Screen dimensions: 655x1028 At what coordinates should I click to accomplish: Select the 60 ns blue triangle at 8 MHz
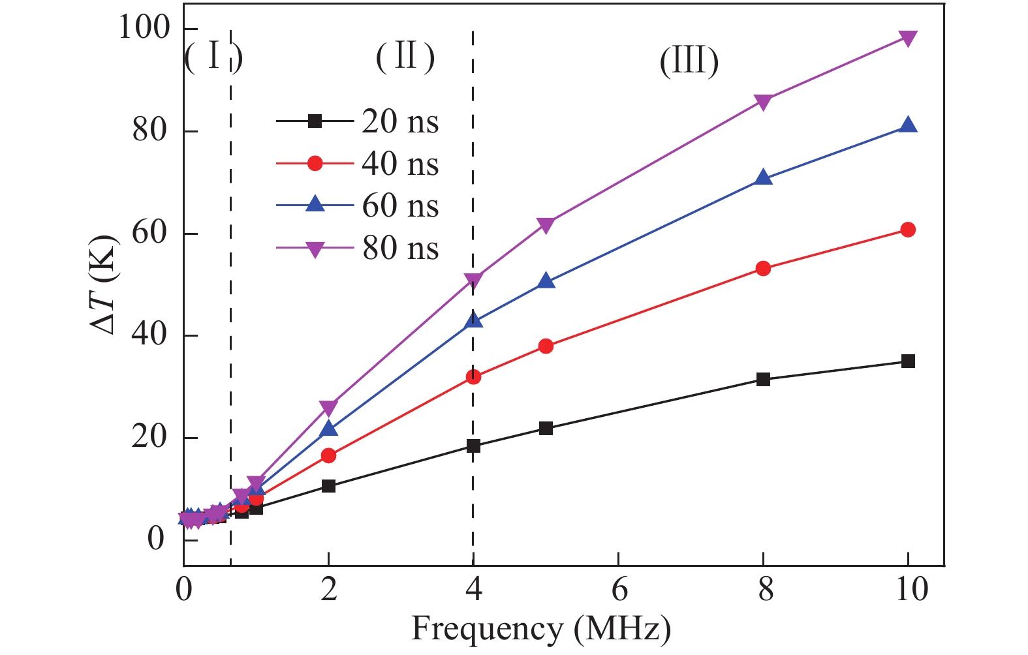[763, 177]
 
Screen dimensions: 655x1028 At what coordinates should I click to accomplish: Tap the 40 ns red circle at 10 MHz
[908, 230]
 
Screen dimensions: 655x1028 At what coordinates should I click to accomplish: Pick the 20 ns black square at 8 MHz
[763, 379]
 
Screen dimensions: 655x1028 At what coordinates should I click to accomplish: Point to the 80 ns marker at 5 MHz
[546, 226]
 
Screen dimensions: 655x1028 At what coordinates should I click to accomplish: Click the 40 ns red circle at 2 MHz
[328, 455]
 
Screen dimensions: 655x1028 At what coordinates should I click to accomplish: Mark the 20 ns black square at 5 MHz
[546, 429]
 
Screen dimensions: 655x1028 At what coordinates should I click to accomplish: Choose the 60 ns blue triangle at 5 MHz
[546, 282]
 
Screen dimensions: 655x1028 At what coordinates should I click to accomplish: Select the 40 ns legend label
[400, 164]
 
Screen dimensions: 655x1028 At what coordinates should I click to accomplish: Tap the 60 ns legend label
[400, 206]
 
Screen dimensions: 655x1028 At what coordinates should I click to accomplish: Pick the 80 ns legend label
[400, 249]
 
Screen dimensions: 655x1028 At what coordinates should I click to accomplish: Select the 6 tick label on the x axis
[619, 590]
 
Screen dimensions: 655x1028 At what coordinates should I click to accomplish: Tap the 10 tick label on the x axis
[908, 590]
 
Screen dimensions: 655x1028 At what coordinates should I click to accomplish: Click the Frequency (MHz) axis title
[541, 629]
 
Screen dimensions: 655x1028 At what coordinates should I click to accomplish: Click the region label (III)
[689, 63]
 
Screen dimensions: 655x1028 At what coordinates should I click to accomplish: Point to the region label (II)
[405, 57]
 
